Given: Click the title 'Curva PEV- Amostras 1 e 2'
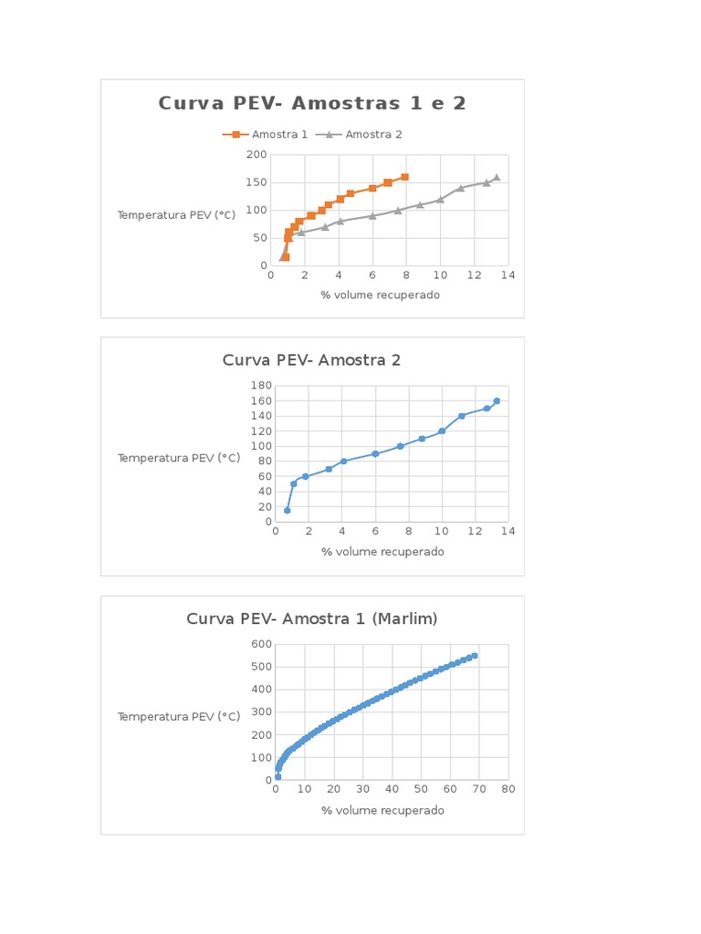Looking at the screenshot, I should tap(312, 103).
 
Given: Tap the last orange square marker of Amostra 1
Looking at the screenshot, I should tap(404, 177).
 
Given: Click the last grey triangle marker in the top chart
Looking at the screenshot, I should tap(497, 178).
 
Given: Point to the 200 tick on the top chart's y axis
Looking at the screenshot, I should tap(256, 155).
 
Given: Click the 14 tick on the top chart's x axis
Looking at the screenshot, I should tap(507, 276).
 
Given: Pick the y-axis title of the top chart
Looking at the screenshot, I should tap(176, 215).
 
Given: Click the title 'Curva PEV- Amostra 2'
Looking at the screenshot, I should tap(311, 360).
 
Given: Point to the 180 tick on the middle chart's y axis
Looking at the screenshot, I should tap(259, 386).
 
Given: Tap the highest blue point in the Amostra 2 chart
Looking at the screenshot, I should tap(497, 401).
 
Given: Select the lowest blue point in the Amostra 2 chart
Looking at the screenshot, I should tap(287, 510).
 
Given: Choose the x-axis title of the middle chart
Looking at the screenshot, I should tap(382, 552).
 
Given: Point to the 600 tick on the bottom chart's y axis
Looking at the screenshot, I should tap(259, 644).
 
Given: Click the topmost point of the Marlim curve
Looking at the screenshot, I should tap(475, 656).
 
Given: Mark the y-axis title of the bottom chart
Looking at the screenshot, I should tap(179, 717).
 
